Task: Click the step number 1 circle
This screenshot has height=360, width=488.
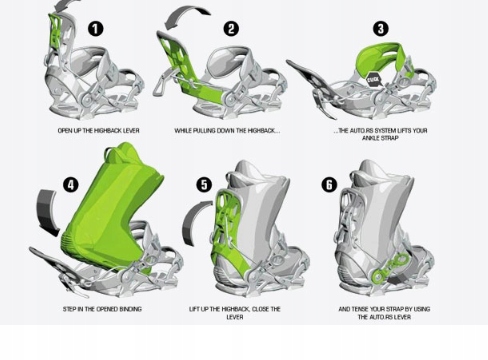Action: tap(96, 29)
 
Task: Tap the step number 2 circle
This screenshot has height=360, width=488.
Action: tap(231, 29)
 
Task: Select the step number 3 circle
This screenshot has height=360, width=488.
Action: tap(381, 29)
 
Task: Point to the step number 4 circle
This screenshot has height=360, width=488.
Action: tap(71, 185)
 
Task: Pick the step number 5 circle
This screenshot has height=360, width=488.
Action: tap(204, 185)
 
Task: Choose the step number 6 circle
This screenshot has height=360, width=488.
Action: tap(329, 185)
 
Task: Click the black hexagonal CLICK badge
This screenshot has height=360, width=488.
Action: tap(374, 80)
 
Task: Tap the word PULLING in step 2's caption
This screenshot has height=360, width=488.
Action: tap(203, 131)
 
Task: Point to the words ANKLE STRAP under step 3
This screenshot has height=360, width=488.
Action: tap(380, 138)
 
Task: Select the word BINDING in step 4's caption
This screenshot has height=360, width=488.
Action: tap(129, 309)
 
